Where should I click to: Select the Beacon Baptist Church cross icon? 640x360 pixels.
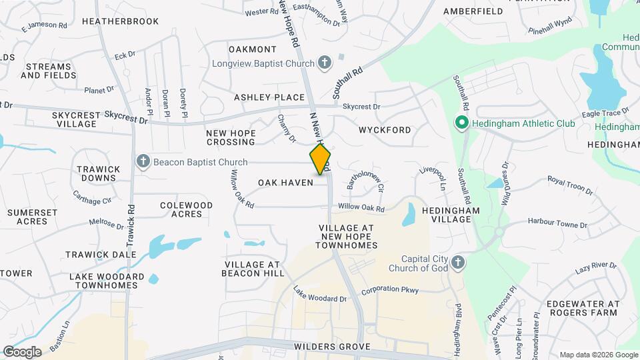(143, 161)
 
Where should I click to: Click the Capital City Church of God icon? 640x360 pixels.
(457, 262)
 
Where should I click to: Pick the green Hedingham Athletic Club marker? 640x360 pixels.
(461, 123)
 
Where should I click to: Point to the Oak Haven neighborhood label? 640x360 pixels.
(285, 182)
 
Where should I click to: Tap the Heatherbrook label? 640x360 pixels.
(120, 21)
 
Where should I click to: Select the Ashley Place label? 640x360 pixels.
(269, 97)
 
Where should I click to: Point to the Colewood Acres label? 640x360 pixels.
(186, 209)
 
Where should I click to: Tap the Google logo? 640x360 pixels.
(22, 352)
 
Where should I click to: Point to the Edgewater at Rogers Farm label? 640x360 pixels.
(581, 308)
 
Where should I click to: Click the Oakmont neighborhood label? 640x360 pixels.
(252, 49)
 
